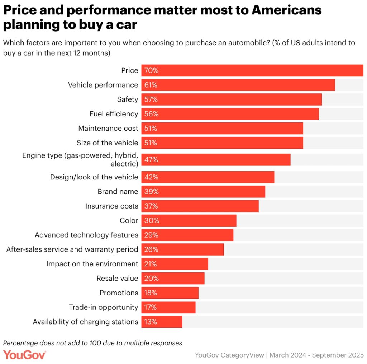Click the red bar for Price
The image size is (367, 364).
coord(252,71)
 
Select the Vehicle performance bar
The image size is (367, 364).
coord(238,85)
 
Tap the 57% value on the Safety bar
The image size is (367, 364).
coord(151,99)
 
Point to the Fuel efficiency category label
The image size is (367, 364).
coord(114,114)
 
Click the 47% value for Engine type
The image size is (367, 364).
coord(151,160)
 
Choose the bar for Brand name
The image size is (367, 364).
coord(203,192)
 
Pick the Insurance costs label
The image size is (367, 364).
coord(111,206)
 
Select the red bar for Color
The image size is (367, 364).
coord(189,220)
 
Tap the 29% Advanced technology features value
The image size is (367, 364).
coord(151,235)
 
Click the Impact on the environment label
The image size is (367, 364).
coord(92,264)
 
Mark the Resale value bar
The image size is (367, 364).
coord(173,278)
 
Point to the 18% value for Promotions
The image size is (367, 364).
coord(151,293)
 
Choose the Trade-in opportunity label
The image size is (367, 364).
coord(104,307)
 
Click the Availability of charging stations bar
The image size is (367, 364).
coord(162,322)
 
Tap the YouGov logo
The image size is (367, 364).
coord(25,355)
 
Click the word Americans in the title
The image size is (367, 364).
coord(286,10)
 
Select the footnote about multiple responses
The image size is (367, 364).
coord(92,343)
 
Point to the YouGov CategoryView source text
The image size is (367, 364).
coord(229,355)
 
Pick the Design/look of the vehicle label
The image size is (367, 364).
coord(94,177)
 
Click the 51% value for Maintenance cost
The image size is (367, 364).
coord(151,128)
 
